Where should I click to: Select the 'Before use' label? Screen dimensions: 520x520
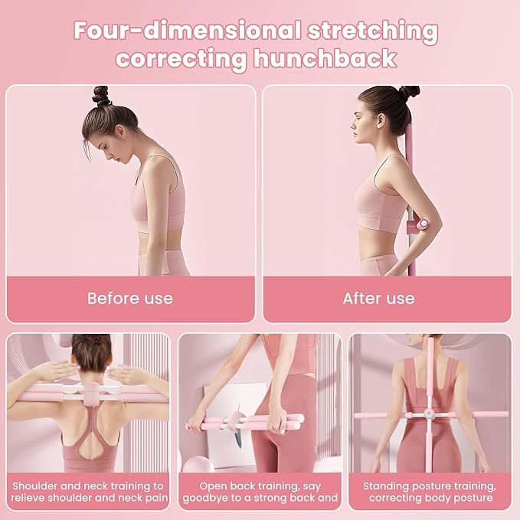130,298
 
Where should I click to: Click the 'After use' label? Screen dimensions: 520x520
378,298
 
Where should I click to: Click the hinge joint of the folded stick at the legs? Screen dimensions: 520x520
245,422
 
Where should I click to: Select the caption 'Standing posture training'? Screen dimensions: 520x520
429,486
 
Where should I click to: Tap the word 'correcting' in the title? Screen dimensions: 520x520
179,58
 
